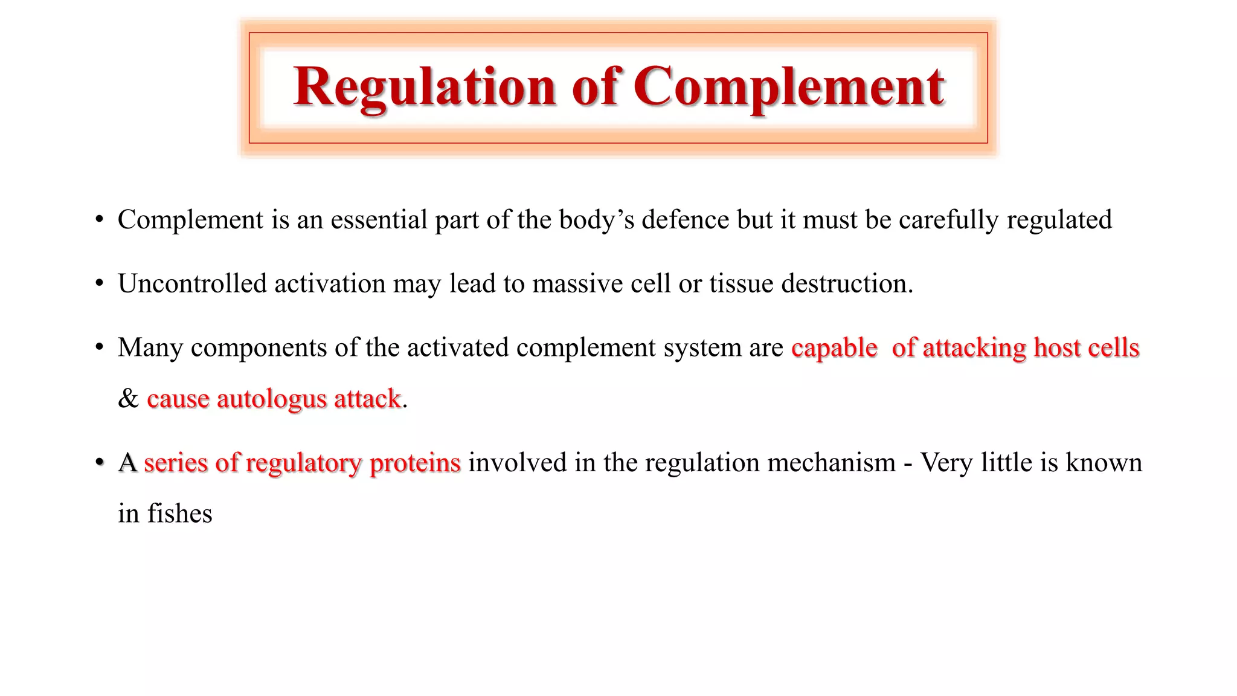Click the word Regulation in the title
[424, 88]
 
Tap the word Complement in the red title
[789, 88]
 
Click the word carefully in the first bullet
[948, 220]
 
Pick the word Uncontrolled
[192, 284]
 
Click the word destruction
[847, 284]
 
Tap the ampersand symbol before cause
[128, 399]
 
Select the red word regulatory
[304, 463]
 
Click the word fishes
[180, 514]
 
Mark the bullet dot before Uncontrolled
[100, 284]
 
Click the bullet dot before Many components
[100, 348]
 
